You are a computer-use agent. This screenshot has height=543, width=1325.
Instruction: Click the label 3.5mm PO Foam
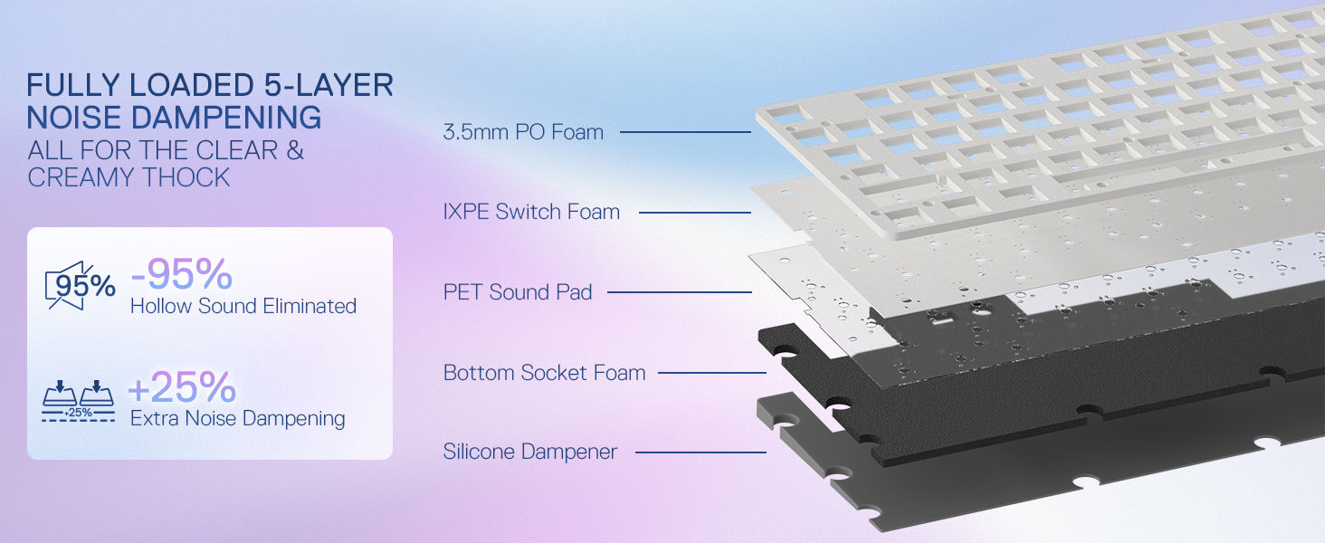pos(523,132)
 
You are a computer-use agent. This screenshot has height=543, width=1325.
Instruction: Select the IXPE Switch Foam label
pos(531,213)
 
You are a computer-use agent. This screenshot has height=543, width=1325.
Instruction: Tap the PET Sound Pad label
pos(518,292)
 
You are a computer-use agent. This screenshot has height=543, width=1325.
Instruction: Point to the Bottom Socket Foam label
pos(544,373)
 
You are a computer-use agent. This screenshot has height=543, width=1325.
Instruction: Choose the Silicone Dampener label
pos(530,452)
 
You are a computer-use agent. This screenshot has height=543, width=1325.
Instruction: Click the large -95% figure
pos(181,274)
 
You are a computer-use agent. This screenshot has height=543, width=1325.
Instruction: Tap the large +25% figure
pos(182,387)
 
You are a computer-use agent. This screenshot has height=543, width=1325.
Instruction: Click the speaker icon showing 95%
pos(80,286)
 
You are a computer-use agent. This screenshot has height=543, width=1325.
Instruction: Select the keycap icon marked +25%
pos(79,401)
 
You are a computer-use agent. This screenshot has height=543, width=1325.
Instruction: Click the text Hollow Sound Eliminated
pos(243,307)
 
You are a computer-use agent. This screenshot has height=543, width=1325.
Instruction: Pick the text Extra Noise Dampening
pos(237,419)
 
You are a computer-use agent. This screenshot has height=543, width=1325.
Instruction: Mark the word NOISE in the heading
pos(73,118)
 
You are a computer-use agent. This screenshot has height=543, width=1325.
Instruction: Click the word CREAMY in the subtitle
pos(74,177)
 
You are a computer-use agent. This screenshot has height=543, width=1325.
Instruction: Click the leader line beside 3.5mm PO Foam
pos(685,133)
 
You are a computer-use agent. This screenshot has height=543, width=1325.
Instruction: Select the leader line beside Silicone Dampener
pos(701,452)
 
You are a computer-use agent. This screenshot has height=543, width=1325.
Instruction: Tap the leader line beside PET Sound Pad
pos(679,292)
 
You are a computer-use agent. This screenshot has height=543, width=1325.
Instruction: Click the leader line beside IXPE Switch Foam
pos(695,213)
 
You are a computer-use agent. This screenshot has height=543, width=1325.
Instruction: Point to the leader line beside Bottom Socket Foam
pos(711,373)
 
